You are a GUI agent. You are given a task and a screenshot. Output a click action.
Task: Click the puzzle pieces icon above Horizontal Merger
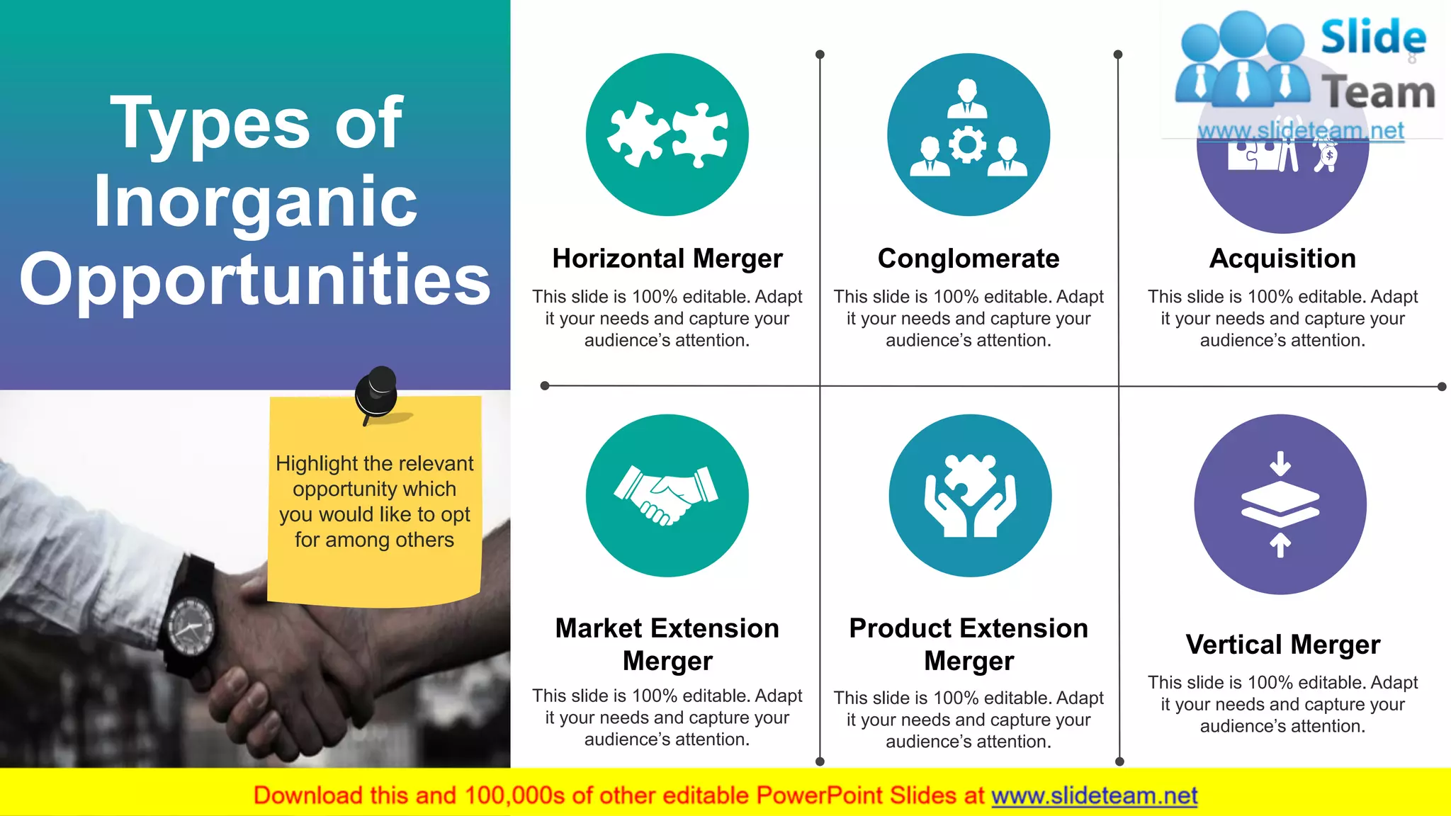pos(667,135)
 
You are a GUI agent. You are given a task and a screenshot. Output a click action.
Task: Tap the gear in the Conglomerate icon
pos(967,144)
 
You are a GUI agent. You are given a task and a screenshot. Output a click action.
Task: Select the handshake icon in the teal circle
pos(666,495)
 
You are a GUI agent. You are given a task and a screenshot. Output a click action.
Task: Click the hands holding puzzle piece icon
pos(969,495)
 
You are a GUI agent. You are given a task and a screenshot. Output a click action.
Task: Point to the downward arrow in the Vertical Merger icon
pos(1280,463)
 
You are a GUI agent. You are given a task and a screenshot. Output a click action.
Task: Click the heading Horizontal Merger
pos(667,259)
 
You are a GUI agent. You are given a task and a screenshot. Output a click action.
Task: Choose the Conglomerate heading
pos(969,259)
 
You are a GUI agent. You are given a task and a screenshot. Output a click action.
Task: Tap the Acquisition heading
pos(1282,259)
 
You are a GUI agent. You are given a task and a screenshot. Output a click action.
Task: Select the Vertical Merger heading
pos(1282,645)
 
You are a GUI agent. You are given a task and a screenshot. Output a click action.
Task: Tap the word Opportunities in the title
pos(255,279)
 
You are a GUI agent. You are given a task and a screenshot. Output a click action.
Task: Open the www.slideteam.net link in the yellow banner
pos(1094,795)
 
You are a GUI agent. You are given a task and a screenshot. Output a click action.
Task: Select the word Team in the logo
pos(1378,93)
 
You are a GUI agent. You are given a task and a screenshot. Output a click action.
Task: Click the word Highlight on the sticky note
pos(316,463)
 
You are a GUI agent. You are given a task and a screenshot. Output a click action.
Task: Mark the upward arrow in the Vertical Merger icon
pos(1280,545)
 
